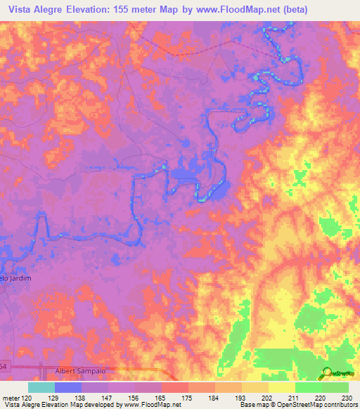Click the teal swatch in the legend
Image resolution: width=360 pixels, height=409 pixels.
41,387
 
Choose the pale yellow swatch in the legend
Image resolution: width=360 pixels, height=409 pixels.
281,387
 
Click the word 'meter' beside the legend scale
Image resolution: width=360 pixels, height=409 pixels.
10,398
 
